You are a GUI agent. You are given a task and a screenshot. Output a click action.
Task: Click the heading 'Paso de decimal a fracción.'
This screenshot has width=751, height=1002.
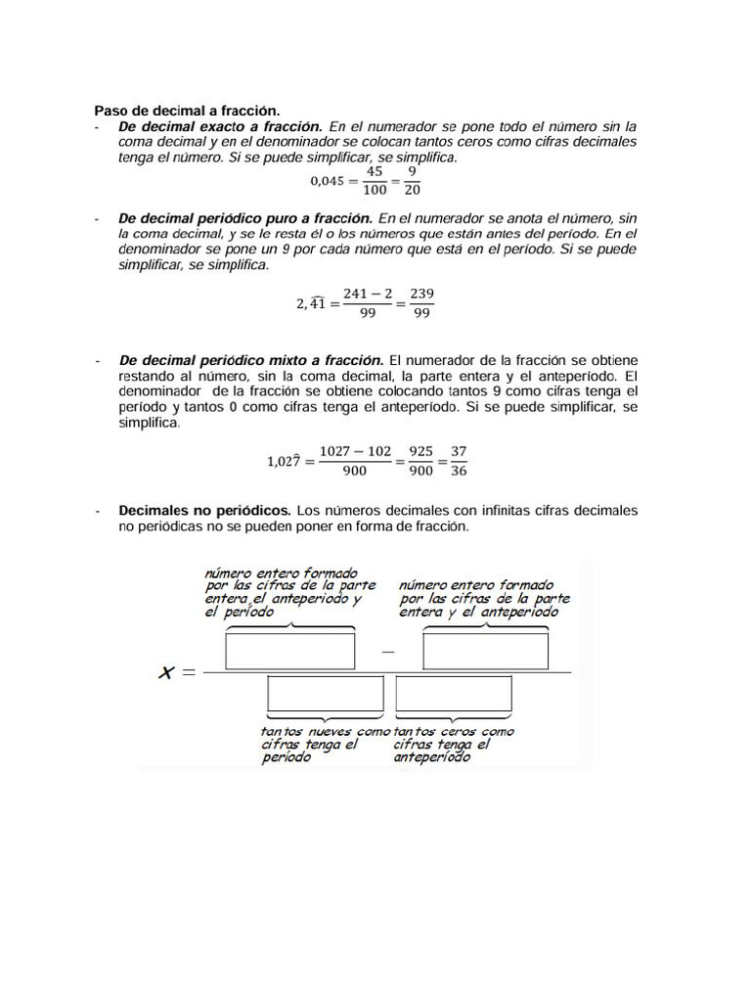tap(187, 112)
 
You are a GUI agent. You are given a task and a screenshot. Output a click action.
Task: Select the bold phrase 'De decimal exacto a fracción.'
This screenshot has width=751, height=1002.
tap(220, 127)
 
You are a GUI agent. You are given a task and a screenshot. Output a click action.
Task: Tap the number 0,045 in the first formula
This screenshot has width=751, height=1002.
tap(329, 180)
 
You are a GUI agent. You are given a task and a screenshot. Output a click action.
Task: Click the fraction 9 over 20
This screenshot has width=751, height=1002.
tap(412, 180)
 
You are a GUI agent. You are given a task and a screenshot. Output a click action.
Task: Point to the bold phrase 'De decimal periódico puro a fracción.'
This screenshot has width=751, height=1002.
tap(245, 218)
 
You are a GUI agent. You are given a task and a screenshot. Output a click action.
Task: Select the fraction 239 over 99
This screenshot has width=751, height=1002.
tap(421, 302)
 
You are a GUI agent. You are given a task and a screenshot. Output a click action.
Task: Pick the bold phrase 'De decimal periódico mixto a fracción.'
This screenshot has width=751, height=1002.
tap(251, 360)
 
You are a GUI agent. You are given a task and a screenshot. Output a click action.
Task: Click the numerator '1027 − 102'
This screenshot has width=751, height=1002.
tap(355, 451)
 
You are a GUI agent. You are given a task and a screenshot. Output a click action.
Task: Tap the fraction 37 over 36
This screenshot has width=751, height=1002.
tap(458, 461)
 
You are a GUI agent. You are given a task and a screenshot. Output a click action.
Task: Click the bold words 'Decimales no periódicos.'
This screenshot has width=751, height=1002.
tap(204, 511)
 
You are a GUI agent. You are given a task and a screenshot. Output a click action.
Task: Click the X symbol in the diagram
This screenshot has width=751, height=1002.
tap(167, 672)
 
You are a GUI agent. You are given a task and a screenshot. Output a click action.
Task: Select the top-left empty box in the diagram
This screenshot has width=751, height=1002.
tap(290, 651)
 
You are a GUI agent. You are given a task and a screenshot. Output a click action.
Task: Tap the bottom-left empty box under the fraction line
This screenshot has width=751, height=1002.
tap(327, 696)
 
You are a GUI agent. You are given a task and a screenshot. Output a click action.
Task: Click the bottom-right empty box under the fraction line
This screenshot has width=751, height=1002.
tap(453, 696)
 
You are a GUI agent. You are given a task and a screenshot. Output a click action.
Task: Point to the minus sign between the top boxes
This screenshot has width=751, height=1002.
tap(388, 649)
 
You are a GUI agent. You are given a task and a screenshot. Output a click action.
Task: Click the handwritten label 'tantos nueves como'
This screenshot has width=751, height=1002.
tap(325, 731)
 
